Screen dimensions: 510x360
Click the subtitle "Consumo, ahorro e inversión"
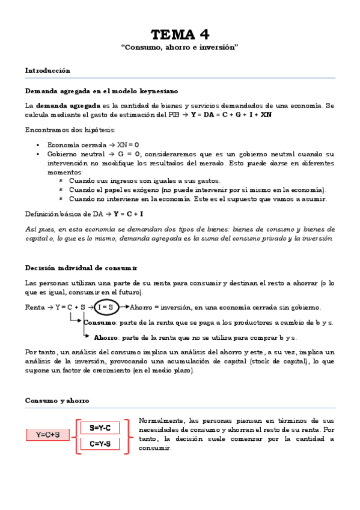point(180,47)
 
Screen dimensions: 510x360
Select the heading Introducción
point(47,70)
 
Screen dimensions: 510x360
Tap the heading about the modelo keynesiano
point(101,91)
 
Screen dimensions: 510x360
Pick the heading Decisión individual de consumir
point(81,267)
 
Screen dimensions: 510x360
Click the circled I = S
point(106,307)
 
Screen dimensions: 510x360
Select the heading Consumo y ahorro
point(57,400)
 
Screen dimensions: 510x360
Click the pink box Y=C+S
point(47,434)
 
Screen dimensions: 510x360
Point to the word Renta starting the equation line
point(35,307)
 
